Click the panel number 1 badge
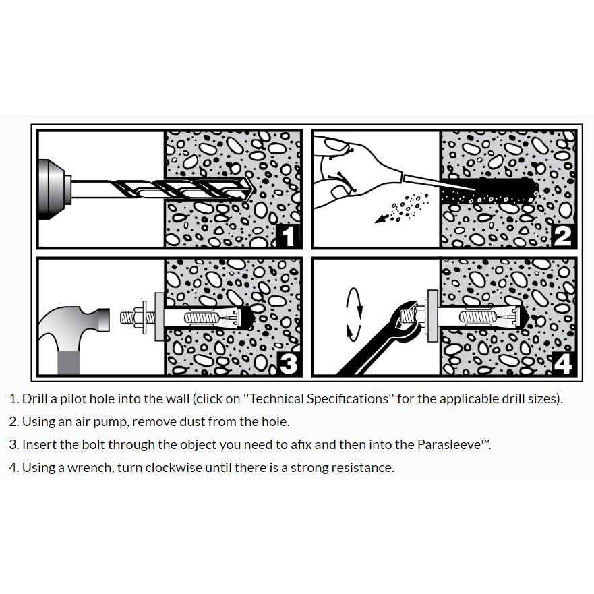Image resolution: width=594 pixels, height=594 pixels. pyautogui.click(x=289, y=235)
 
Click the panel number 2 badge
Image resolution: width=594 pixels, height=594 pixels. pyautogui.click(x=563, y=235)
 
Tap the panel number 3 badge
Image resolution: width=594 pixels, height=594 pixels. pyautogui.click(x=289, y=363)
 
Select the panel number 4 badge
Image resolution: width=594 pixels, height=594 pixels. pyautogui.click(x=563, y=363)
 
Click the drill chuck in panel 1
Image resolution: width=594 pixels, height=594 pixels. pyautogui.click(x=54, y=189)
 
